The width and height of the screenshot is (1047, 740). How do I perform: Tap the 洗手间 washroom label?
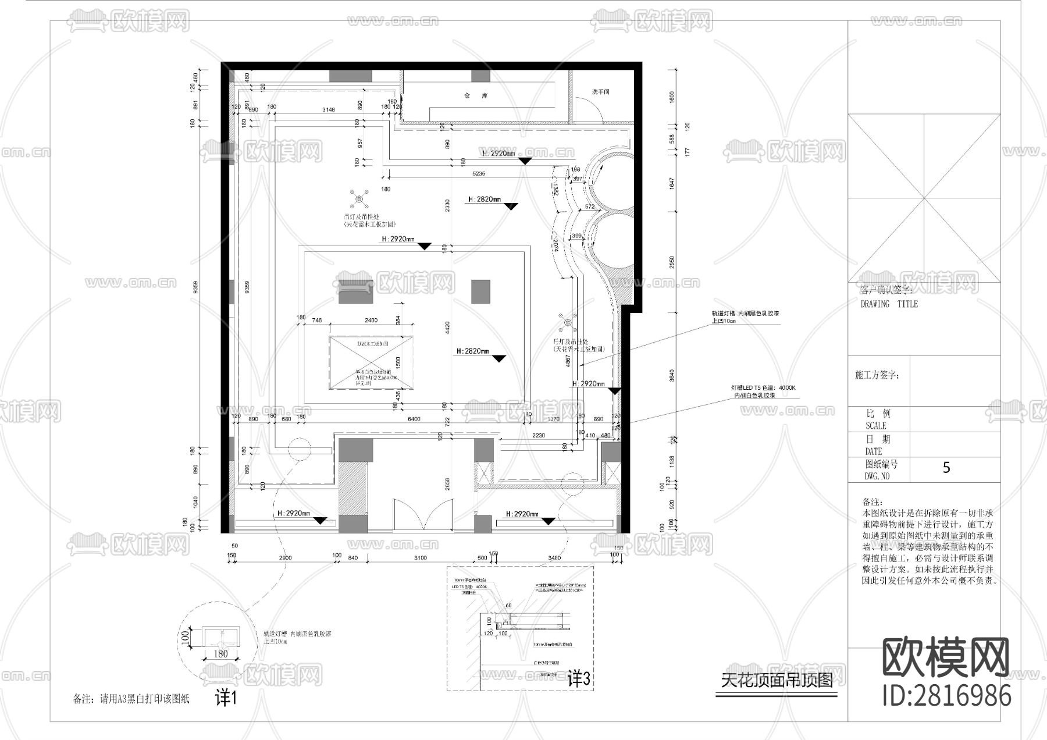601,92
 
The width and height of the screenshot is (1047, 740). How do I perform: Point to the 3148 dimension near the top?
329,109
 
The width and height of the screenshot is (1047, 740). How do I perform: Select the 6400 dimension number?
414,419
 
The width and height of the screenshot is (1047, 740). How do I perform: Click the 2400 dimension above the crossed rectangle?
371,320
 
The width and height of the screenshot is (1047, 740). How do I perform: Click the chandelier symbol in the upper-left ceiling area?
359,200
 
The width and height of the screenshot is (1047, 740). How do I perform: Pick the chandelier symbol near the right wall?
567,323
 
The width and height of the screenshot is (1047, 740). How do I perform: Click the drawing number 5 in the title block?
946,468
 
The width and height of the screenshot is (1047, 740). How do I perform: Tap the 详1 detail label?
226,698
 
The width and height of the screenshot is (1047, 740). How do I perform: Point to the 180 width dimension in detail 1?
220,654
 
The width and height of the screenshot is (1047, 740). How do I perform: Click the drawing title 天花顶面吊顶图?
777,680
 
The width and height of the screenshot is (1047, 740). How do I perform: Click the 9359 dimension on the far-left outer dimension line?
196,287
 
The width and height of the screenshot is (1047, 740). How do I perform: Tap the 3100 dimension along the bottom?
420,558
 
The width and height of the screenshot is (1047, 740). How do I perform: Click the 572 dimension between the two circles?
590,207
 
